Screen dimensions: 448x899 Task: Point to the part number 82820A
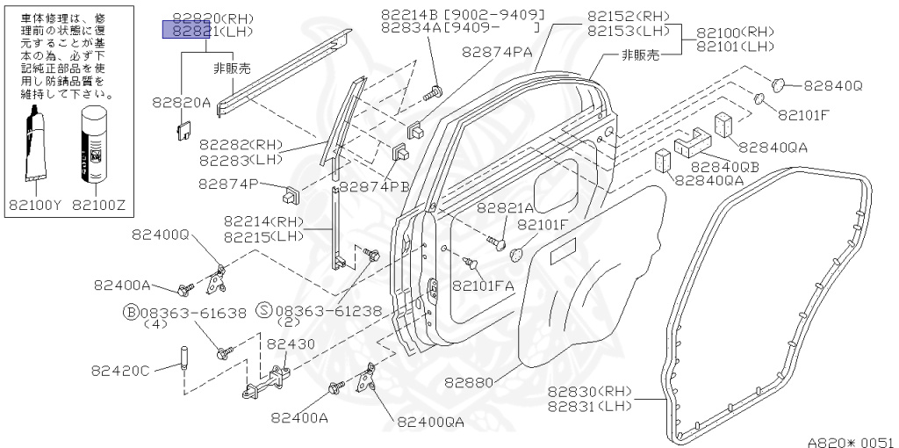point(181,102)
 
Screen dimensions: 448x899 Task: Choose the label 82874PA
point(497,52)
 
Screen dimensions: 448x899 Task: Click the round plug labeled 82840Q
point(777,83)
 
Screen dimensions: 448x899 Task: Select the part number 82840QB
point(725,165)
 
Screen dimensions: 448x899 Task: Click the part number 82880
point(469,383)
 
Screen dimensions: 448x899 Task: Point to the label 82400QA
point(430,422)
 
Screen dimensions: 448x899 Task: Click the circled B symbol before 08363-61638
point(131,311)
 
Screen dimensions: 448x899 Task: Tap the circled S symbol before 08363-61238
point(263,310)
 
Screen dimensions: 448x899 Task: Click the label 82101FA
point(483,285)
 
